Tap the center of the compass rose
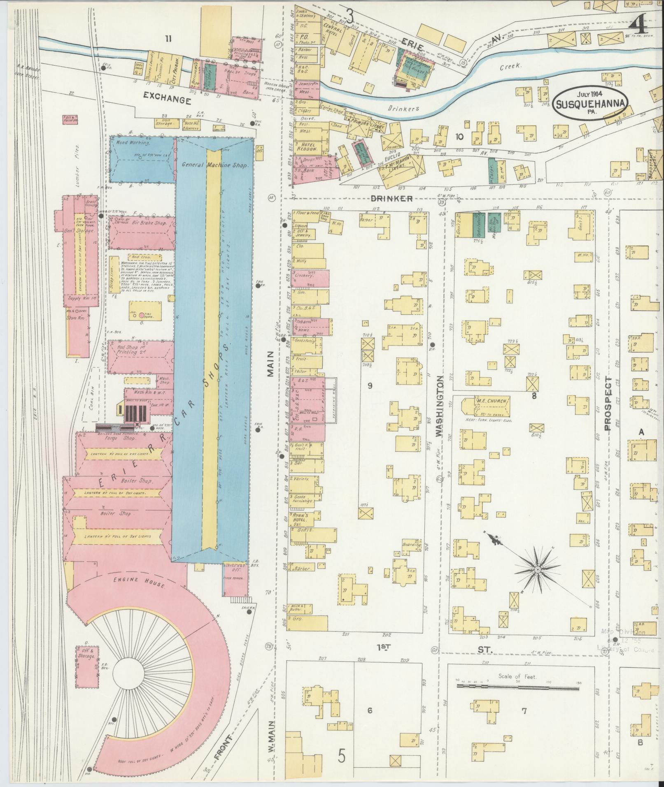coord(537,569)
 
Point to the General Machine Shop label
coord(214,165)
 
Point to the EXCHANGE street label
coord(167,100)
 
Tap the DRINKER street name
coord(391,199)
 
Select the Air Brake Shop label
coord(143,223)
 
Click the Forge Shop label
coord(117,438)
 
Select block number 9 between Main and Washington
coord(370,385)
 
